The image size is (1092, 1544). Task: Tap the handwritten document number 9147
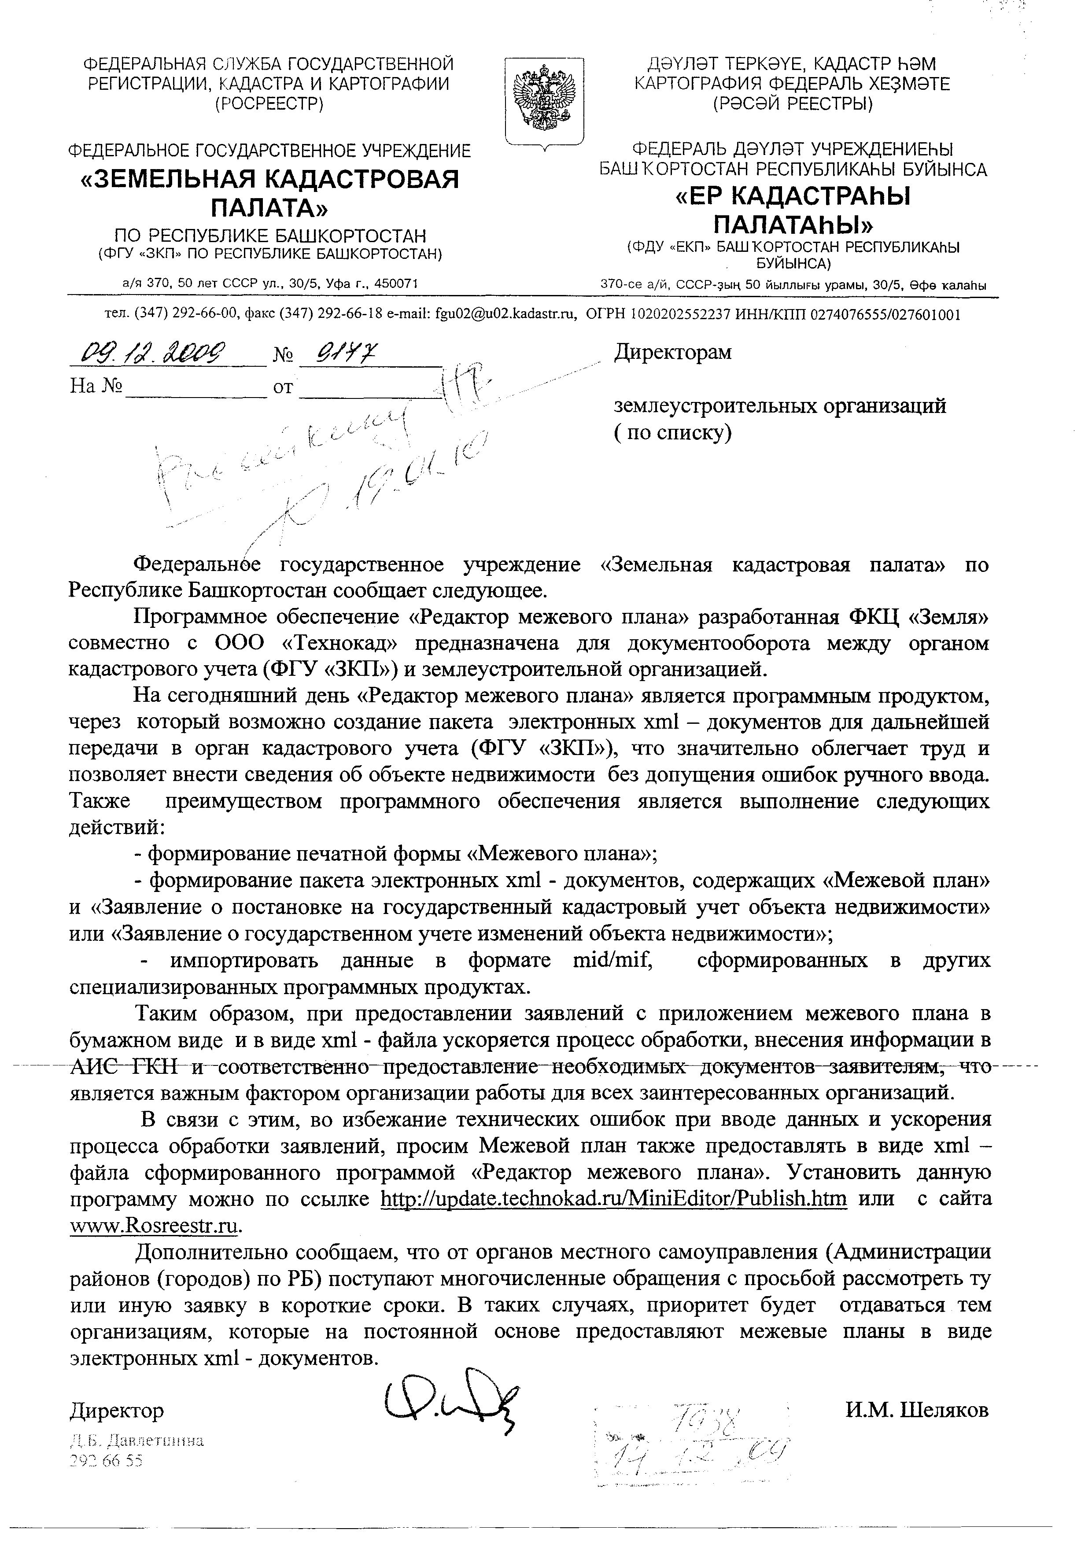[x=346, y=350]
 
